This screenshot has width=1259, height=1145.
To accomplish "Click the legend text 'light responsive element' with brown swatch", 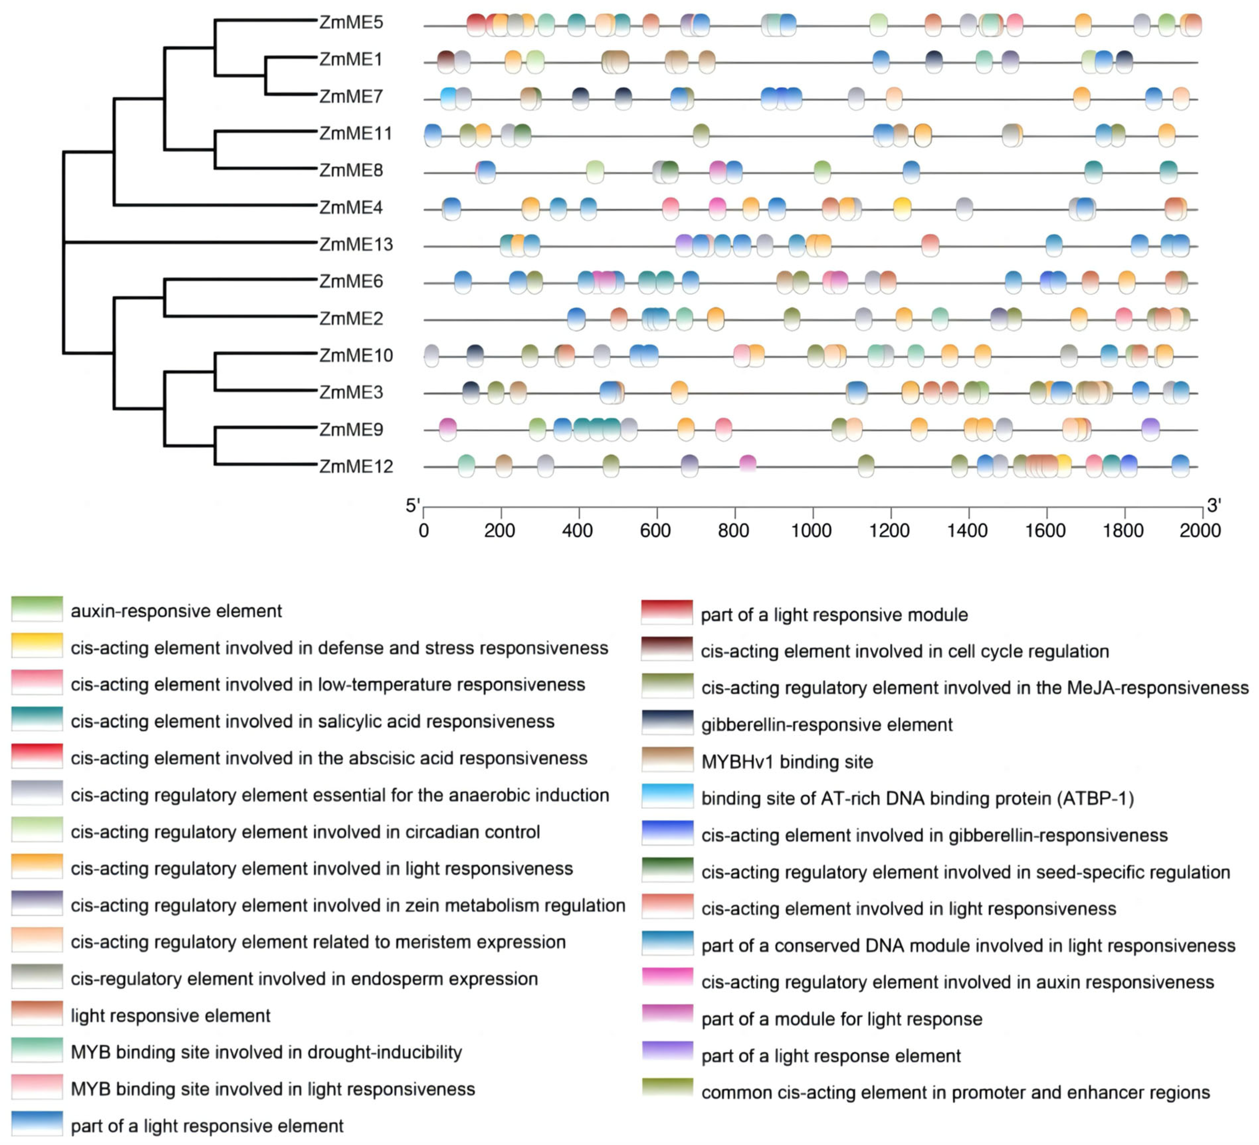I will pos(170,1016).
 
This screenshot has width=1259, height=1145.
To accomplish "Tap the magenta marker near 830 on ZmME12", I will pos(747,464).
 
